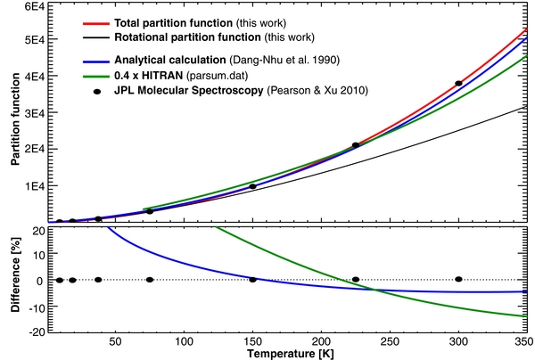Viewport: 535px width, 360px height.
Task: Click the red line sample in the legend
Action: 72,20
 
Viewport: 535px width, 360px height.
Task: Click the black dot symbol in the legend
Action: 72,90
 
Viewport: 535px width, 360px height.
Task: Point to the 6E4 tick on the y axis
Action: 32,7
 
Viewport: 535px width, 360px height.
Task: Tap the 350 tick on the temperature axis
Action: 521,343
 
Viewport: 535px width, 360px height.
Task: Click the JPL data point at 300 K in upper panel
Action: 458,83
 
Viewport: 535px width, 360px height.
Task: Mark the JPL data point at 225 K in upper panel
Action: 356,144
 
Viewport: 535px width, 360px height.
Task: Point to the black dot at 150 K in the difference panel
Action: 252,279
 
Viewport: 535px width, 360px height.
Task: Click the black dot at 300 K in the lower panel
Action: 458,279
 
